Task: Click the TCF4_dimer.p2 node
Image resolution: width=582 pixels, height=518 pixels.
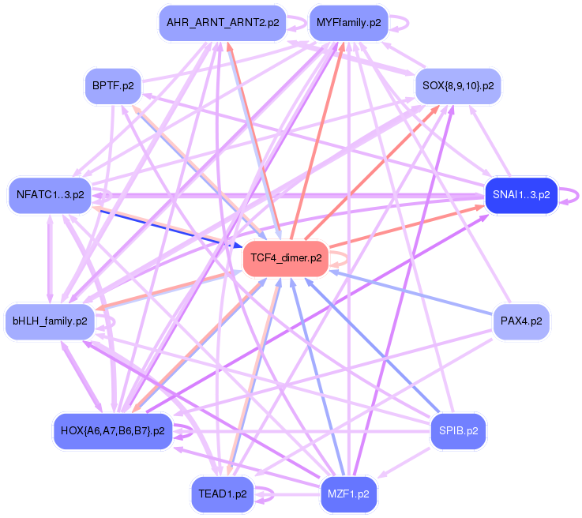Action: [x=285, y=258]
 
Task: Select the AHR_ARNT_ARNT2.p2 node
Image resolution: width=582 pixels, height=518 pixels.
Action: [x=222, y=23]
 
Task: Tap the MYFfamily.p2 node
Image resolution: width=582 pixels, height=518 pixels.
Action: [x=347, y=23]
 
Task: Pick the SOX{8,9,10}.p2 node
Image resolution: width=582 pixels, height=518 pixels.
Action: [x=458, y=85]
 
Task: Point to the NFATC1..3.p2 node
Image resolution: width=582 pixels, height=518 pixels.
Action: [x=50, y=194]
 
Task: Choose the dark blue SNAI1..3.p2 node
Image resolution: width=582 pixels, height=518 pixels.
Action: [x=521, y=194]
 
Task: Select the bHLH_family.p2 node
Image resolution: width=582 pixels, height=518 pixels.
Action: [x=50, y=321]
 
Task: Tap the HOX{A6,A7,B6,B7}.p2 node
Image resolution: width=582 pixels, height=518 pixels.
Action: [x=112, y=431]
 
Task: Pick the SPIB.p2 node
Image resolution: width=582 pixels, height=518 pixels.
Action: [x=458, y=431]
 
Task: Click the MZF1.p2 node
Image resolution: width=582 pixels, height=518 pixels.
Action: [x=347, y=494]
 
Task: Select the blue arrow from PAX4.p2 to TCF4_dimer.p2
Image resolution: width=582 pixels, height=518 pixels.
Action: [x=411, y=291]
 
